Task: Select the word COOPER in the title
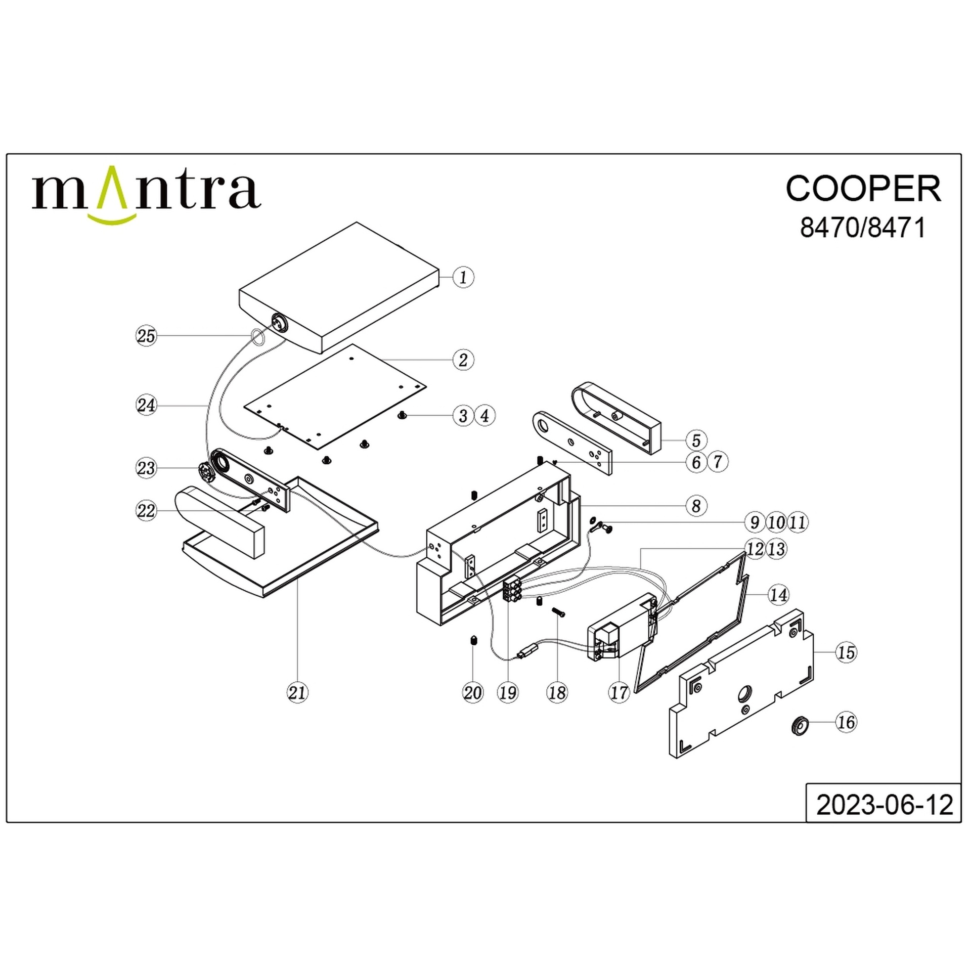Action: tap(863, 189)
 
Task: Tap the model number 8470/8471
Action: tap(863, 228)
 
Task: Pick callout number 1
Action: tap(463, 277)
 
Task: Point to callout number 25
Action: tap(147, 336)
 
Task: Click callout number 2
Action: tap(463, 360)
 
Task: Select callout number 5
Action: tap(696, 440)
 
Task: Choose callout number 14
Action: tap(778, 595)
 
